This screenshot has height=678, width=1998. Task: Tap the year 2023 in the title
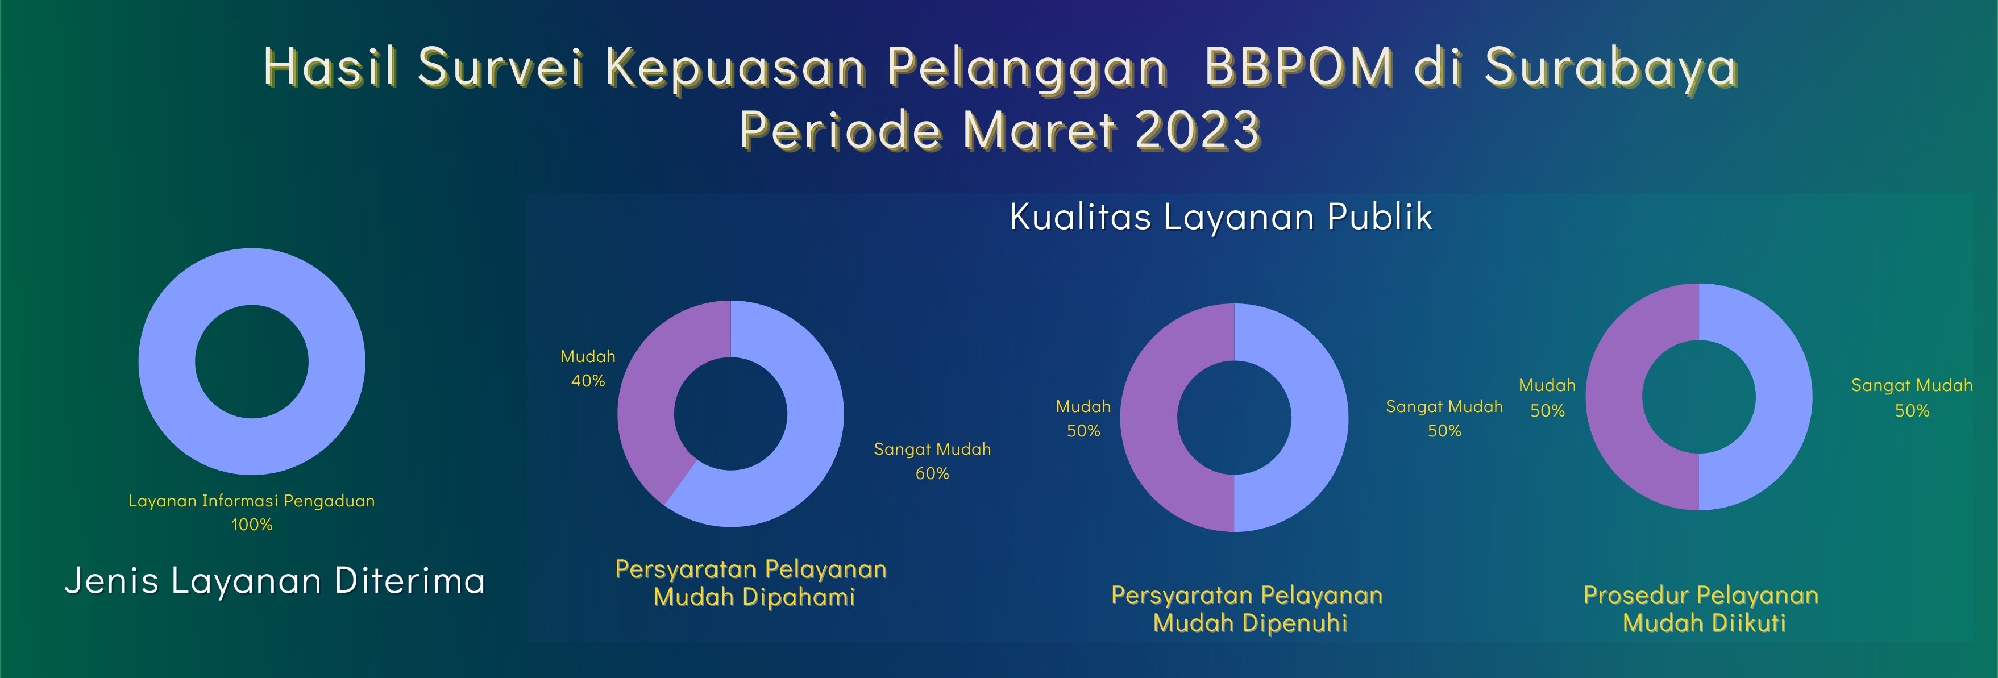1198,130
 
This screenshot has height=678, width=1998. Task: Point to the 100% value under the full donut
252,525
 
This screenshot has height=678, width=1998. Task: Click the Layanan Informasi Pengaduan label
251,501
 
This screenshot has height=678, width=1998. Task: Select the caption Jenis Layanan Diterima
275,581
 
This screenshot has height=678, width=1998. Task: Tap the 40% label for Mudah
588,381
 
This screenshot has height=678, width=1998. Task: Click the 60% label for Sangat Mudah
932,473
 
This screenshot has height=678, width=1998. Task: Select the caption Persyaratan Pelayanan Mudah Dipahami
751,583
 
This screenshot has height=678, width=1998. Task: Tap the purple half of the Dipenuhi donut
1149,417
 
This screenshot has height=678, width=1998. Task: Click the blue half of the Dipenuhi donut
1320,417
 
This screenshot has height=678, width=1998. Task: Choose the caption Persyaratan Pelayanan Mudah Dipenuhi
1247,609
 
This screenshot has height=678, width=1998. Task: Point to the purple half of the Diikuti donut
1614,397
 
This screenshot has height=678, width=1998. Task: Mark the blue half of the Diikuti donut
1784,397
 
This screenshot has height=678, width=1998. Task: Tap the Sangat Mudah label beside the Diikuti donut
1912,385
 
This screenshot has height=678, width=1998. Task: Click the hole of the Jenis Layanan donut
251,361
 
